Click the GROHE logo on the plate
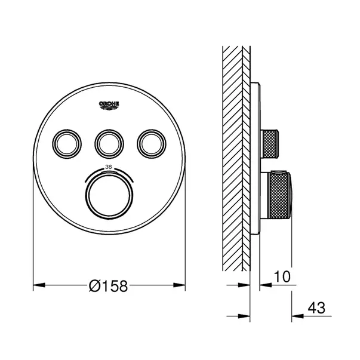point(109,106)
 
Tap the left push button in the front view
point(67,144)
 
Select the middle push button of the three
point(109,144)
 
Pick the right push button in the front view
point(152,144)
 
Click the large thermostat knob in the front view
point(109,195)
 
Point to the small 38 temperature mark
point(109,167)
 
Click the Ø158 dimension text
point(108,286)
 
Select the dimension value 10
point(282,276)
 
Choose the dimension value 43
point(316,308)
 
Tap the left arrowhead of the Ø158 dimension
point(39,285)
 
